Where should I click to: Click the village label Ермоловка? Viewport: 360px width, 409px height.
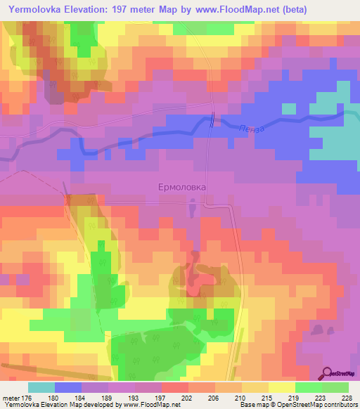pyautogui.click(x=181, y=188)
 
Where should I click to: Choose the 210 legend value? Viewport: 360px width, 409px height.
pyautogui.click(x=240, y=398)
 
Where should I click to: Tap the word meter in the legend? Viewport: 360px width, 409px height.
pyautogui.click(x=12, y=398)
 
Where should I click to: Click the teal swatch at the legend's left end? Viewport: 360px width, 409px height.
pyautogui.click(x=41, y=387)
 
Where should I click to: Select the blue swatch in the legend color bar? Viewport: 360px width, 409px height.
pyautogui.click(x=68, y=387)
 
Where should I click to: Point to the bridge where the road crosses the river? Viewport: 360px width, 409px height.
pyautogui.click(x=213, y=121)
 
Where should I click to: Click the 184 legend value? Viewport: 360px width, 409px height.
pyautogui.click(x=84, y=398)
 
